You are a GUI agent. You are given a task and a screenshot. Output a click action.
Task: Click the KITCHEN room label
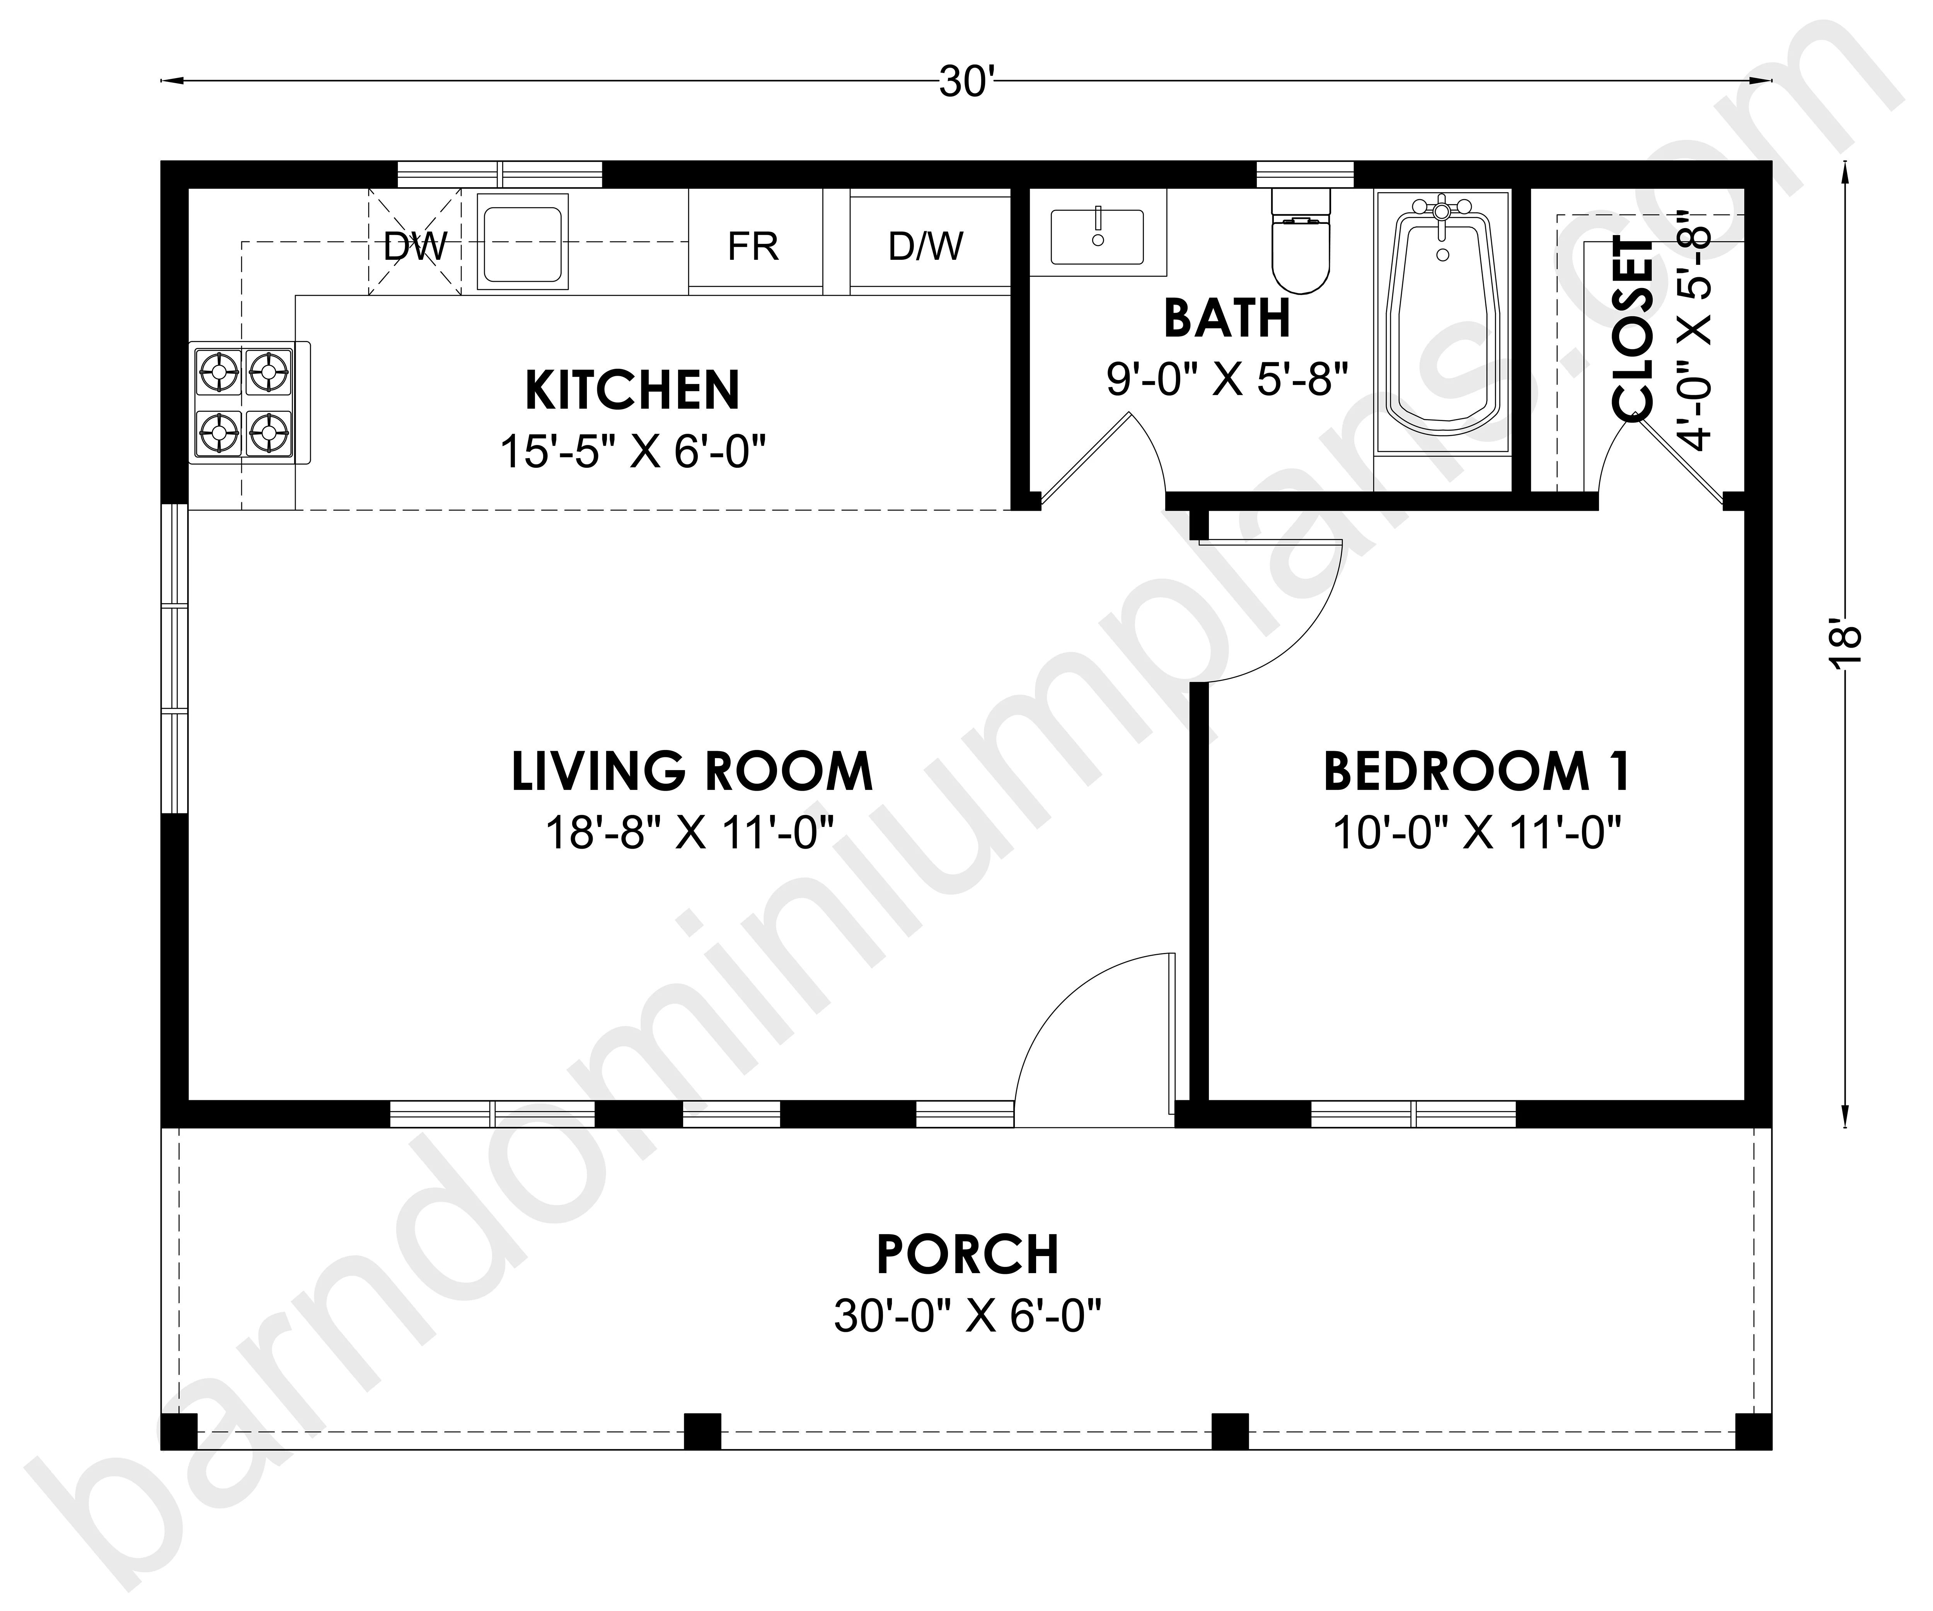click(x=632, y=390)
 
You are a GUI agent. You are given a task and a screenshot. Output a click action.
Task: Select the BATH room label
click(x=1227, y=319)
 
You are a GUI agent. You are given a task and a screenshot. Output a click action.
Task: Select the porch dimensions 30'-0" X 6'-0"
click(x=967, y=1316)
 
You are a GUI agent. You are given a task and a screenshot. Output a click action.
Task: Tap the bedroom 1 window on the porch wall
click(x=1413, y=1114)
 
